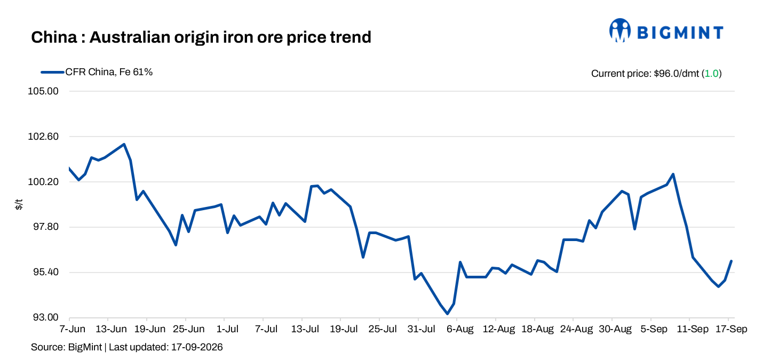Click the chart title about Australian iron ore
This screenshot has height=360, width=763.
(201, 37)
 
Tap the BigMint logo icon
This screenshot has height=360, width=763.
(619, 30)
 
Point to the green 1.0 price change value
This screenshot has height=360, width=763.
(711, 74)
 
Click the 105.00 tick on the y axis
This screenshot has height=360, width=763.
(43, 91)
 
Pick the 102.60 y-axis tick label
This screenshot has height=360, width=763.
(43, 137)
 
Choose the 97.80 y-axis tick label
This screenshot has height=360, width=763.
(46, 227)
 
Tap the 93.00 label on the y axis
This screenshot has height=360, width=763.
(46, 317)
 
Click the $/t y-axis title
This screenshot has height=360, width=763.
(19, 204)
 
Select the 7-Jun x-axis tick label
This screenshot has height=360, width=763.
(72, 329)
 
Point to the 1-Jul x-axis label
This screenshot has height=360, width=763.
(227, 329)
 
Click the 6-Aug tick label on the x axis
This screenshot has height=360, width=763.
(460, 329)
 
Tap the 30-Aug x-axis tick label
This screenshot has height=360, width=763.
(615, 329)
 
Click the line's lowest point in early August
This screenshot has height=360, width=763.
(447, 314)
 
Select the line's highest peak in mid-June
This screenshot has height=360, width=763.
(124, 144)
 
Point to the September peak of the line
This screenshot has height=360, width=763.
(673, 174)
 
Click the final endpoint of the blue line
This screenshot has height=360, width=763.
(732, 261)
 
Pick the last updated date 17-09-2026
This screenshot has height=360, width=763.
(197, 347)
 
